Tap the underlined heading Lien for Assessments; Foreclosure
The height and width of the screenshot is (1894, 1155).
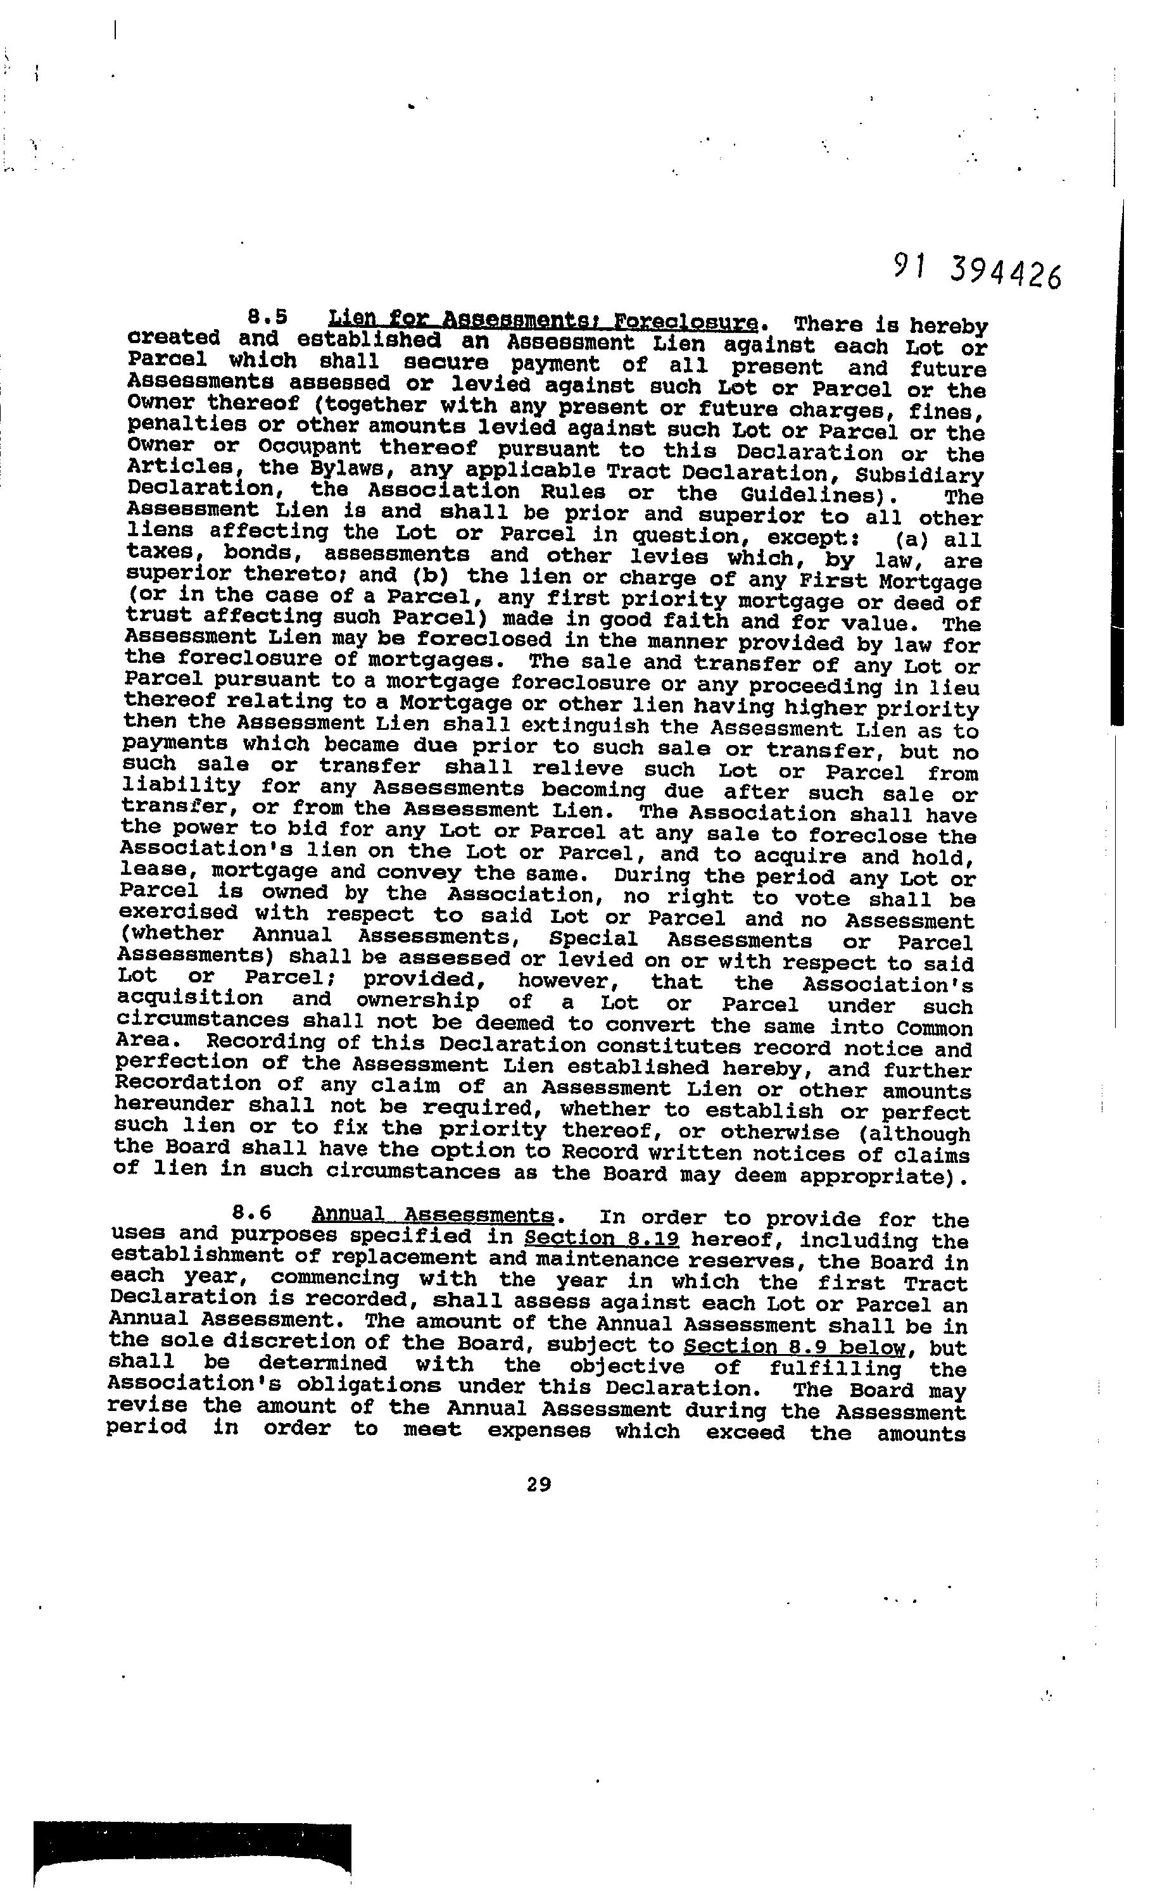[543, 320]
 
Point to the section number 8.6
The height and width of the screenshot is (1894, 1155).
[251, 1212]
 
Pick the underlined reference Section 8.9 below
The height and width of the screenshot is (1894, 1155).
[793, 1346]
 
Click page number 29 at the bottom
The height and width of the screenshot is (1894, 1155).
[539, 1484]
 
